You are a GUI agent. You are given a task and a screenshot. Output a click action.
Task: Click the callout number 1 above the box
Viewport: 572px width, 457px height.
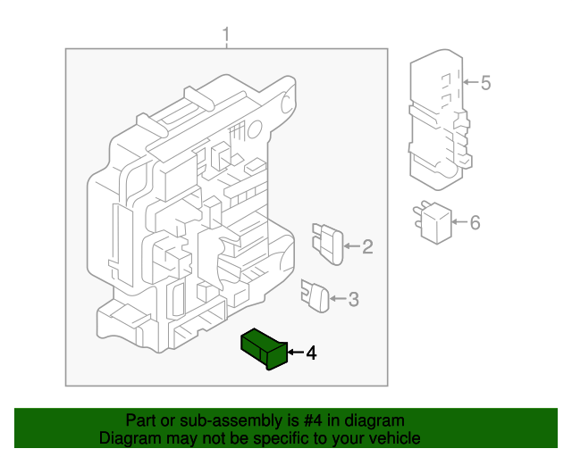pos(226,35)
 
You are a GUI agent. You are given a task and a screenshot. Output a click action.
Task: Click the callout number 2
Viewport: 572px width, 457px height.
pos(367,246)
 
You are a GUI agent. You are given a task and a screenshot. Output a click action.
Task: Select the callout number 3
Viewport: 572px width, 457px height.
pos(354,299)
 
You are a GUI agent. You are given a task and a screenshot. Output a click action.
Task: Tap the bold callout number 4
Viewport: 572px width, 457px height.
pos(311,353)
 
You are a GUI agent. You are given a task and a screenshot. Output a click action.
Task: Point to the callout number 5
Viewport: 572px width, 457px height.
pos(485,83)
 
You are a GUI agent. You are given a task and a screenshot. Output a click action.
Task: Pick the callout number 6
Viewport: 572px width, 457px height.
pos(475,222)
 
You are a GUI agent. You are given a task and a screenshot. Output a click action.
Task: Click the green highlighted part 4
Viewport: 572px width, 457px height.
pos(265,349)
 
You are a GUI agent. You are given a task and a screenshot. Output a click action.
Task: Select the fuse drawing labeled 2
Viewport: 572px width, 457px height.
pos(328,244)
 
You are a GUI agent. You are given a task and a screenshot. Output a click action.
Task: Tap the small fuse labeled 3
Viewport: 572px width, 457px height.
pos(315,296)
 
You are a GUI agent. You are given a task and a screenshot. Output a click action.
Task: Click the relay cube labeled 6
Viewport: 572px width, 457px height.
pos(433,222)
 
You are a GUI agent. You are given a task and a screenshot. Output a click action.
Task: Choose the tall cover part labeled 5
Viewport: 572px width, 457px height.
pos(440,120)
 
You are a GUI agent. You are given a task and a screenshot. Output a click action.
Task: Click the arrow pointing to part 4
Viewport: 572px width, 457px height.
pos(296,352)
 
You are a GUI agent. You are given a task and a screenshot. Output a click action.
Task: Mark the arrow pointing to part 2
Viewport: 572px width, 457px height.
pos(351,246)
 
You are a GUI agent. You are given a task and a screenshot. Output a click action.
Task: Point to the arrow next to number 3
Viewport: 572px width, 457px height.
pos(338,298)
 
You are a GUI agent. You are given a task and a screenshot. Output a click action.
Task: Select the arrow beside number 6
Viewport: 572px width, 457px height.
pos(459,221)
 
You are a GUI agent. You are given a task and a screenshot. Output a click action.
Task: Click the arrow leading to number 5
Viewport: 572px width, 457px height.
pos(471,82)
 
